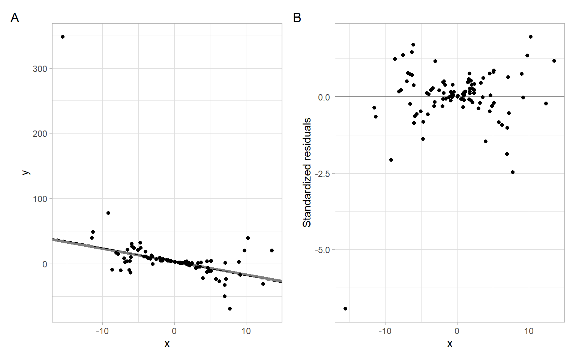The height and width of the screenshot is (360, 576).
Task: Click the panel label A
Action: pos(15,18)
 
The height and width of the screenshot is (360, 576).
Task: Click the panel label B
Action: pos(297,18)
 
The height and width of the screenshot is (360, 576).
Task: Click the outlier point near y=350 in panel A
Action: pos(63,37)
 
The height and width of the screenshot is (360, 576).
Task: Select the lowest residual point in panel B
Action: pos(345,309)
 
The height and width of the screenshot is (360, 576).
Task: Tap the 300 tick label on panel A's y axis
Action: pos(40,69)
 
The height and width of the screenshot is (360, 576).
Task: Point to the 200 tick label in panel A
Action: pos(40,133)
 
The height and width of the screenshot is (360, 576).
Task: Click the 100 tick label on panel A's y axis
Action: pos(40,199)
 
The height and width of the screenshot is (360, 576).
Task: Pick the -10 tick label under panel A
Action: pos(102,331)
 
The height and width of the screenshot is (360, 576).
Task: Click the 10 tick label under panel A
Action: pos(246,331)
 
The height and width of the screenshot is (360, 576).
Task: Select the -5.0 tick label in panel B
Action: pos(322,250)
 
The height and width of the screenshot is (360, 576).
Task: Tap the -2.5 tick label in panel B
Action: pos(322,174)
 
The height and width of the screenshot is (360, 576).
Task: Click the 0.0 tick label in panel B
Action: pos(324,97)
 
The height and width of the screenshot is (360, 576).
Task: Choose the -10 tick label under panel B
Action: pos(385,331)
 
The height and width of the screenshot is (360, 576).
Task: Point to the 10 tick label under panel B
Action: pos(529,331)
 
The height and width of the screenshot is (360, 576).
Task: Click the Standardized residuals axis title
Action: pos(307,172)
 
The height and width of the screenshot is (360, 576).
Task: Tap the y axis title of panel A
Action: pos(25,172)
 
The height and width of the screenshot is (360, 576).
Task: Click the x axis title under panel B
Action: pos(450,344)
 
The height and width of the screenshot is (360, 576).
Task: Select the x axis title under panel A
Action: pos(167,344)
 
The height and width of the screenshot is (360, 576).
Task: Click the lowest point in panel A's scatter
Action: pos(230,309)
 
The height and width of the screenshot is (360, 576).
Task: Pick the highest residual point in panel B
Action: pos(531,37)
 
